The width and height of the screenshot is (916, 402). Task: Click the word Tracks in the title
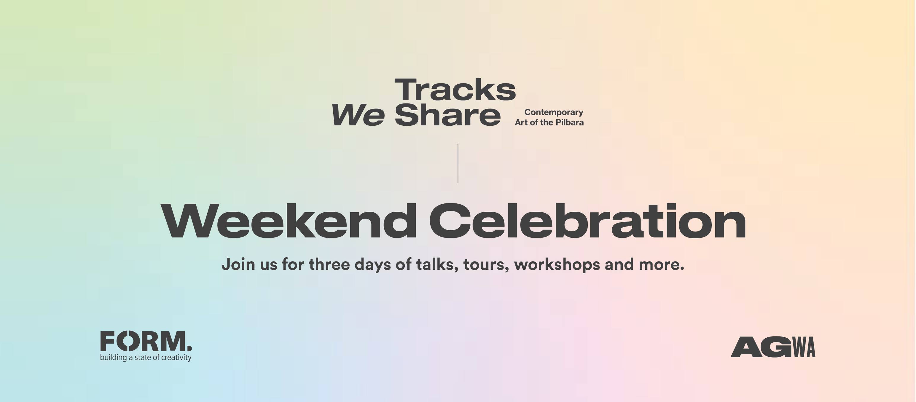coord(455,90)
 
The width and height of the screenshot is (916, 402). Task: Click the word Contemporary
coord(554,112)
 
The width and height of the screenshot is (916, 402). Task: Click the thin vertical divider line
coord(458,164)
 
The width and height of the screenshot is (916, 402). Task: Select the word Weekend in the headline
coord(289,221)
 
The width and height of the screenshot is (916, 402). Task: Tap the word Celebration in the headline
coord(587,221)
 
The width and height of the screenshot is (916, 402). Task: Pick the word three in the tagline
coord(329,264)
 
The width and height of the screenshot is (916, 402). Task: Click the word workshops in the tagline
coord(557,265)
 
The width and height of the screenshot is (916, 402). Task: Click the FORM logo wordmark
coord(146,341)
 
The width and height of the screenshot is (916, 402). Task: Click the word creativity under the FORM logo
coord(176,358)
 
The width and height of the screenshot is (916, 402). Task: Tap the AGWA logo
coord(773,347)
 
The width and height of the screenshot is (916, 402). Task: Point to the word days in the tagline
coord(373,265)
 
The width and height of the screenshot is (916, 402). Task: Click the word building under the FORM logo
coord(114,358)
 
